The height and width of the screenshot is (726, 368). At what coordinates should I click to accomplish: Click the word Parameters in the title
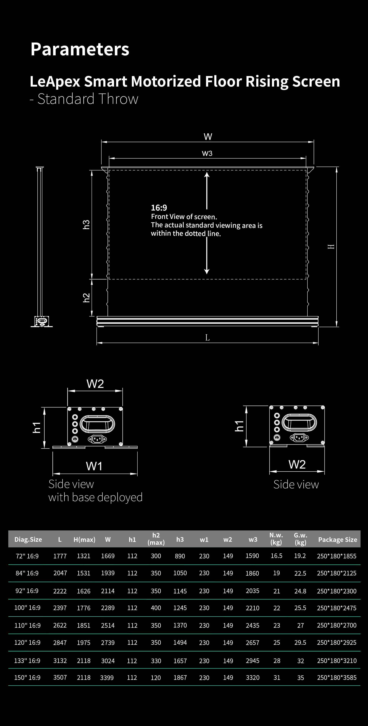pos(80,49)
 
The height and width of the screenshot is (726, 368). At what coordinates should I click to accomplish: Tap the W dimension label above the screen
pos(208,137)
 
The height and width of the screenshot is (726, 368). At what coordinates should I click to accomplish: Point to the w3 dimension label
pos(207,153)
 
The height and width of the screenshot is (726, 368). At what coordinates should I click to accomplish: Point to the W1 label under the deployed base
pos(94,466)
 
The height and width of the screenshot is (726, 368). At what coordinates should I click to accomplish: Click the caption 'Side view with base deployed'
pos(95,491)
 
